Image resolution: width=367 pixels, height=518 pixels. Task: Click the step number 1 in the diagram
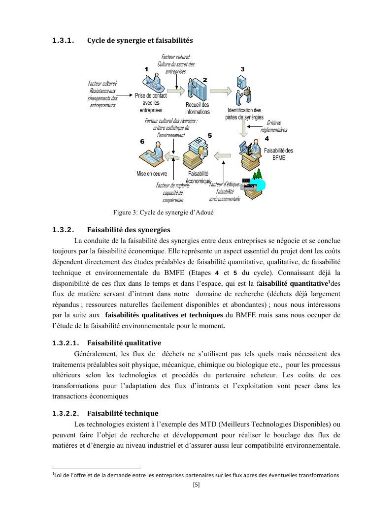tap(146, 69)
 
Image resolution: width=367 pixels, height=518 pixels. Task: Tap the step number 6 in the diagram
tap(142, 141)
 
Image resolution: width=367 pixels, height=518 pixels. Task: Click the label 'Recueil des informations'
tap(197, 108)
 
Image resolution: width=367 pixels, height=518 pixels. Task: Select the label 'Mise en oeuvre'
tap(152, 174)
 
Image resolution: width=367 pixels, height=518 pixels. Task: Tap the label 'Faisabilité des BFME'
tap(279, 154)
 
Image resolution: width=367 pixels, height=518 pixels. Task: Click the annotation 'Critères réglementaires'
tap(274, 126)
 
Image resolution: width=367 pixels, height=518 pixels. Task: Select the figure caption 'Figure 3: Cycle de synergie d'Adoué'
tap(163, 213)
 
